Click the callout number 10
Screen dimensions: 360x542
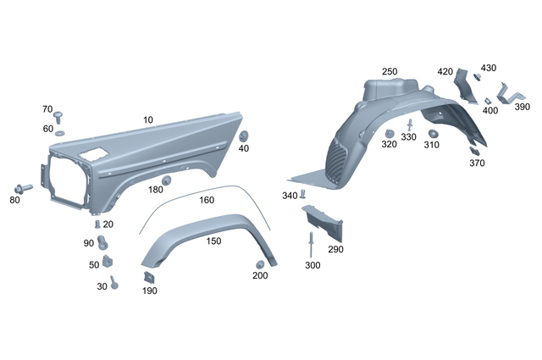[148, 121]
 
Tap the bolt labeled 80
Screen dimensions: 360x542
[21, 188]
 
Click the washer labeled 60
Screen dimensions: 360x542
[61, 134]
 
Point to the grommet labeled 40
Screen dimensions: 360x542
[244, 137]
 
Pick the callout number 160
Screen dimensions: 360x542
[207, 201]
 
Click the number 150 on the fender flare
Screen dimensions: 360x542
[213, 241]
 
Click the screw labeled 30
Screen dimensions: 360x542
[115, 285]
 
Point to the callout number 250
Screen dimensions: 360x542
[389, 72]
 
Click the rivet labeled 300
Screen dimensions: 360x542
[312, 246]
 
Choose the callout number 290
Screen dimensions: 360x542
[335, 250]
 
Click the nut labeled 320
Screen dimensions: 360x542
[390, 134]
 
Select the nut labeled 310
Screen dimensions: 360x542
[433, 133]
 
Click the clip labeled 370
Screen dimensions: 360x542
[474, 152]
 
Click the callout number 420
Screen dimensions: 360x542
[445, 72]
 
